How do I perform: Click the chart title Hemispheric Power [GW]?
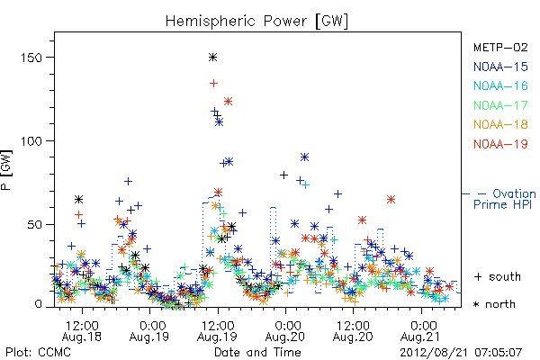(256, 21)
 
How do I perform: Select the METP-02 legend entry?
(500, 47)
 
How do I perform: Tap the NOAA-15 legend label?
(500, 67)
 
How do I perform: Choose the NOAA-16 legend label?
(500, 85)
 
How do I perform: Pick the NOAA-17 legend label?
(500, 105)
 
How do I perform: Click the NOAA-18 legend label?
(500, 124)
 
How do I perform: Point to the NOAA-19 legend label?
(500, 144)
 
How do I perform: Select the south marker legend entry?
(498, 276)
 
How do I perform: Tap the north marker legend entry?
(494, 304)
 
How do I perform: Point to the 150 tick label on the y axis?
(31, 58)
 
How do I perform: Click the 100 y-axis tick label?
(31, 141)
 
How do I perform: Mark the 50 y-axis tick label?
(34, 225)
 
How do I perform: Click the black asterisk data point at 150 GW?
(212, 58)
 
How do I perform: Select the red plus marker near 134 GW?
(214, 83)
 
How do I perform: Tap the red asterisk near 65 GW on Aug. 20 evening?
(391, 199)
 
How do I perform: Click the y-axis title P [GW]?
(6, 170)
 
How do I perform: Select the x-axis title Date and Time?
(257, 352)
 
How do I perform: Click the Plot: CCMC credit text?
(38, 352)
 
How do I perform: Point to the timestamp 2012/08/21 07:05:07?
(461, 353)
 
